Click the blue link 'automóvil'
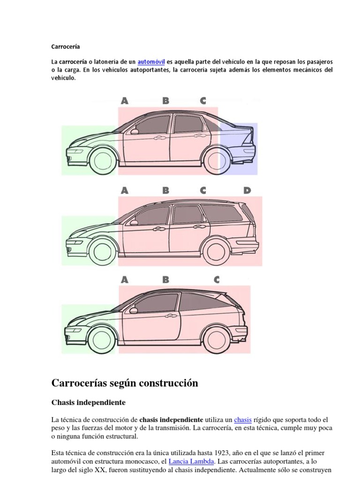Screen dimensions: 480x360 151,62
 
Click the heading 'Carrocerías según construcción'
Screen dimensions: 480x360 125,383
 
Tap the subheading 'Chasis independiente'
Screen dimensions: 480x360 88,403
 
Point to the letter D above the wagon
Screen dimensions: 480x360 247,190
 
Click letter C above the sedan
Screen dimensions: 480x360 203,100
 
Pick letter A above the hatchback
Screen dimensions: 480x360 125,280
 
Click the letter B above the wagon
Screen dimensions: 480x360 165,190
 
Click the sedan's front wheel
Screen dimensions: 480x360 102,160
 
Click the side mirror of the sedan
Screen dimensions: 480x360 135,131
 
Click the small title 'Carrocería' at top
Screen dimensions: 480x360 66,47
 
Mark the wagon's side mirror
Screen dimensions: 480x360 135,222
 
